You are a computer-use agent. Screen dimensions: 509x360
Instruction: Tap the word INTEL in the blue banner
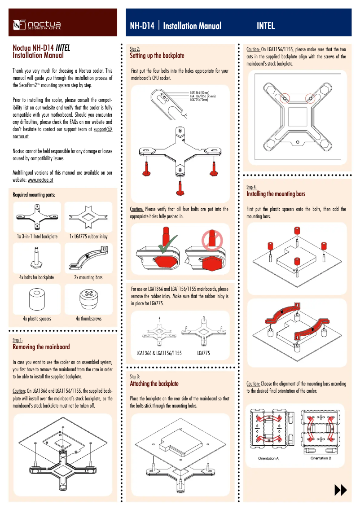click(x=266, y=26)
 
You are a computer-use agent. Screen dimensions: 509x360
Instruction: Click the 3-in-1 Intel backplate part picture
click(x=37, y=217)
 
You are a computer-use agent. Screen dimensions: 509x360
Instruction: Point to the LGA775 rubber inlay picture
click(x=88, y=217)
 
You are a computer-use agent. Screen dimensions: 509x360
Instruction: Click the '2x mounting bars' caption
click(x=88, y=277)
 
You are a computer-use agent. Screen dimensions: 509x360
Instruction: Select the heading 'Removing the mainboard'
click(x=41, y=347)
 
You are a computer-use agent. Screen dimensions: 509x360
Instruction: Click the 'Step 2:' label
click(x=135, y=48)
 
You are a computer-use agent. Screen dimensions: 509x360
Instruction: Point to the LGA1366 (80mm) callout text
click(x=203, y=92)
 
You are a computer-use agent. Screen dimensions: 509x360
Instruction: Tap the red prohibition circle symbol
click(x=209, y=240)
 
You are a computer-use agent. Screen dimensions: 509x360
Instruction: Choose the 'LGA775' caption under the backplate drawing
click(x=203, y=353)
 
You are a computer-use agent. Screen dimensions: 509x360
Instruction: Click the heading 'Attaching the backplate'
click(x=154, y=384)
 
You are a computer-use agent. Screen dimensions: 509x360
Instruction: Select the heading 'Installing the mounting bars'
click(x=276, y=194)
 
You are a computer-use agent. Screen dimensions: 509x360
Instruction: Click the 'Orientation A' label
click(x=268, y=458)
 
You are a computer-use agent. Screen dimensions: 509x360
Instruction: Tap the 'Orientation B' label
click(x=321, y=458)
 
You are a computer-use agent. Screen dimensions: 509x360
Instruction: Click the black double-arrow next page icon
click(x=341, y=491)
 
